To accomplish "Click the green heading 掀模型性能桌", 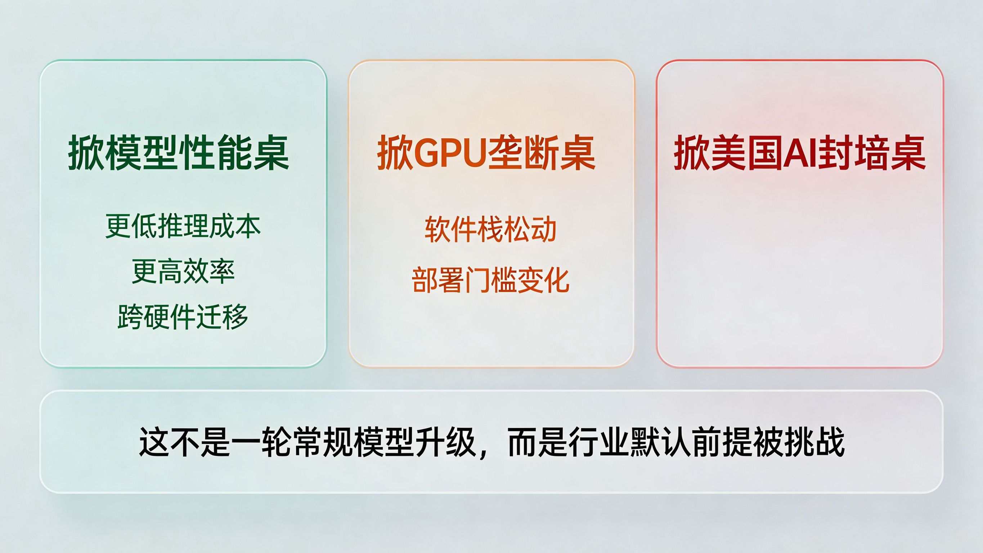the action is pyautogui.click(x=179, y=153).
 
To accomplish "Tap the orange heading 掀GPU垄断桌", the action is pyautogui.click(x=486, y=153).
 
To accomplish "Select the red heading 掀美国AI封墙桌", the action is pyautogui.click(x=799, y=153).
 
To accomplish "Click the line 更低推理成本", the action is pyautogui.click(x=183, y=227).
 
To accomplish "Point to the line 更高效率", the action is pyautogui.click(x=183, y=272).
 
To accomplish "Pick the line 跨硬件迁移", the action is pyautogui.click(x=183, y=317).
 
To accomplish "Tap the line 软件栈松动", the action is pyautogui.click(x=490, y=230).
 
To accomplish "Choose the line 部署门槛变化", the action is pyautogui.click(x=490, y=280).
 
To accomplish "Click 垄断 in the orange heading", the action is pyautogui.click(x=523, y=153).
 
